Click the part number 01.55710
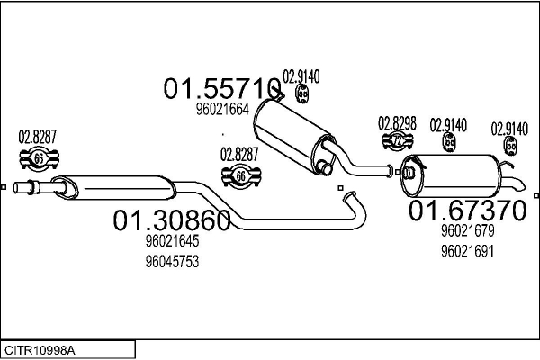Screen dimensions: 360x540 click(x=221, y=88)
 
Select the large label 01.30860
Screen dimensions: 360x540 click(x=172, y=220)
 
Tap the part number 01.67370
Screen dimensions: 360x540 click(x=465, y=211)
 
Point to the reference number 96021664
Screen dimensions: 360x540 click(x=221, y=111)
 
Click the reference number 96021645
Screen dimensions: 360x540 click(x=172, y=241)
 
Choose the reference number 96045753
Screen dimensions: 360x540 click(x=172, y=261)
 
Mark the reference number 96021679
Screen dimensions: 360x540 click(x=467, y=231)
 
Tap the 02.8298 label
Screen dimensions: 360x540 click(x=396, y=122)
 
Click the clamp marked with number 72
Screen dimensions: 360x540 click(x=397, y=140)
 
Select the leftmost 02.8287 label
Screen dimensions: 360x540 click(x=38, y=137)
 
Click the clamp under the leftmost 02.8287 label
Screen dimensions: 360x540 click(x=38, y=158)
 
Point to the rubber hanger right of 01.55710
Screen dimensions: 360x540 click(x=303, y=94)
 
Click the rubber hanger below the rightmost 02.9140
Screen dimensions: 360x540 click(x=511, y=147)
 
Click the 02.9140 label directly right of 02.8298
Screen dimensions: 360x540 click(x=448, y=124)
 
